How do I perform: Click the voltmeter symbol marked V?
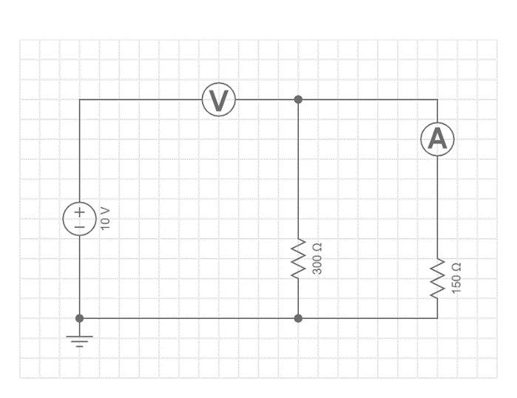[x=218, y=100]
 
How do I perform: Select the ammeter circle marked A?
[x=437, y=139]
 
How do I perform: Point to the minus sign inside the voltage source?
[x=79, y=226]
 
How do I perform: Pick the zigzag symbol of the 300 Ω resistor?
[x=298, y=258]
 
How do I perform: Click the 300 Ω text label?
[x=317, y=258]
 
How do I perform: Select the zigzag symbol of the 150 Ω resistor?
[x=437, y=278]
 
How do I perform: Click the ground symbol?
[x=79, y=340]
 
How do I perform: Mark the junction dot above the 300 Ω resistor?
[x=298, y=99]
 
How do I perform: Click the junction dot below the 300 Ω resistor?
[x=298, y=318]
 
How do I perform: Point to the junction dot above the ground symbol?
[x=79, y=318]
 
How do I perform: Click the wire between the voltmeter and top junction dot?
[x=266, y=99]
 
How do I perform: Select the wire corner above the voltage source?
[x=79, y=99]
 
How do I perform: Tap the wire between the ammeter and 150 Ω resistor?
[x=437, y=207]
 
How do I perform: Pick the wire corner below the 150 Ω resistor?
[x=437, y=318]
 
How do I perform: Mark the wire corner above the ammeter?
[x=437, y=99]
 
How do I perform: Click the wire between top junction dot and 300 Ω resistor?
[x=298, y=170]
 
